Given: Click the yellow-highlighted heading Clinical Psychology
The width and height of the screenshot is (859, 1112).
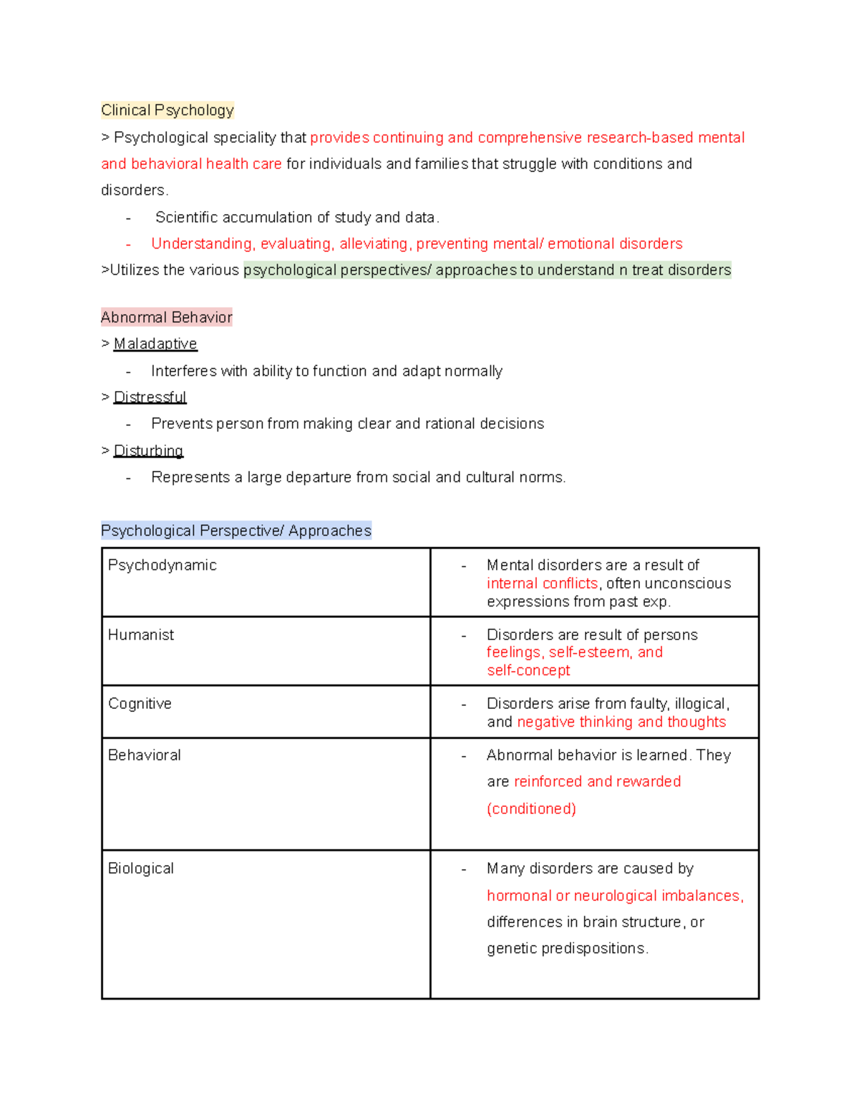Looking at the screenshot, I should tap(168, 110).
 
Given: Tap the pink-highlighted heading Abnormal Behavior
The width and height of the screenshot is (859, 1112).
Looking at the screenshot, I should tap(167, 317).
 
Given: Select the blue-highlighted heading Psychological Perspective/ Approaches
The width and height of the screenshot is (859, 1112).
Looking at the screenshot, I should tap(236, 531).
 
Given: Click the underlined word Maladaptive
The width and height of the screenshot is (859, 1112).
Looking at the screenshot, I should tap(155, 344).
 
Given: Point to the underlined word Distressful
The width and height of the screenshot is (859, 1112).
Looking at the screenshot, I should tap(150, 397).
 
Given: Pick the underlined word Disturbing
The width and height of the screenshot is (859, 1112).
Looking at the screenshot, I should tap(148, 450).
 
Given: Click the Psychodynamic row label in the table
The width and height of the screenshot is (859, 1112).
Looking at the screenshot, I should tap(162, 565).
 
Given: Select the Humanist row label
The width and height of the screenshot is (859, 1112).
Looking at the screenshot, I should tap(141, 634).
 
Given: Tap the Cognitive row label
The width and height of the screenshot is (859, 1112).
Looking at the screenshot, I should tap(140, 703).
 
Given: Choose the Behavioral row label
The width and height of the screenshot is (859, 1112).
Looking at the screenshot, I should tap(144, 755).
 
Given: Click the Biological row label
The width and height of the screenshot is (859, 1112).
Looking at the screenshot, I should tap(141, 868).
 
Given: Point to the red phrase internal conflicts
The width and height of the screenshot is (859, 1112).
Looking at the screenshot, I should tap(542, 584).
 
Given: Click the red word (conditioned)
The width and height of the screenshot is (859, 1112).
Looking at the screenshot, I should tap(531, 808).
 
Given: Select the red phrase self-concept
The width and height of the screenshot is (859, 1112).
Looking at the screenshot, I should tap(528, 670).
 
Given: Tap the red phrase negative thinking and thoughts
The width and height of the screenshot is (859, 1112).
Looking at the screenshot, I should tap(621, 722).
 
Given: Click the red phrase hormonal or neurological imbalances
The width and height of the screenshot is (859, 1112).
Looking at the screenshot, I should tap(614, 896).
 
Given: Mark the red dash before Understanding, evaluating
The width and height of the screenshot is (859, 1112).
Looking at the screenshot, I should tap(128, 244).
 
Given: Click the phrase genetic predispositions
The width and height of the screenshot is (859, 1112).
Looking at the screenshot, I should tap(567, 948).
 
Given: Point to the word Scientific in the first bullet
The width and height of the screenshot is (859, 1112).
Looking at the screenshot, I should tap(186, 217).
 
